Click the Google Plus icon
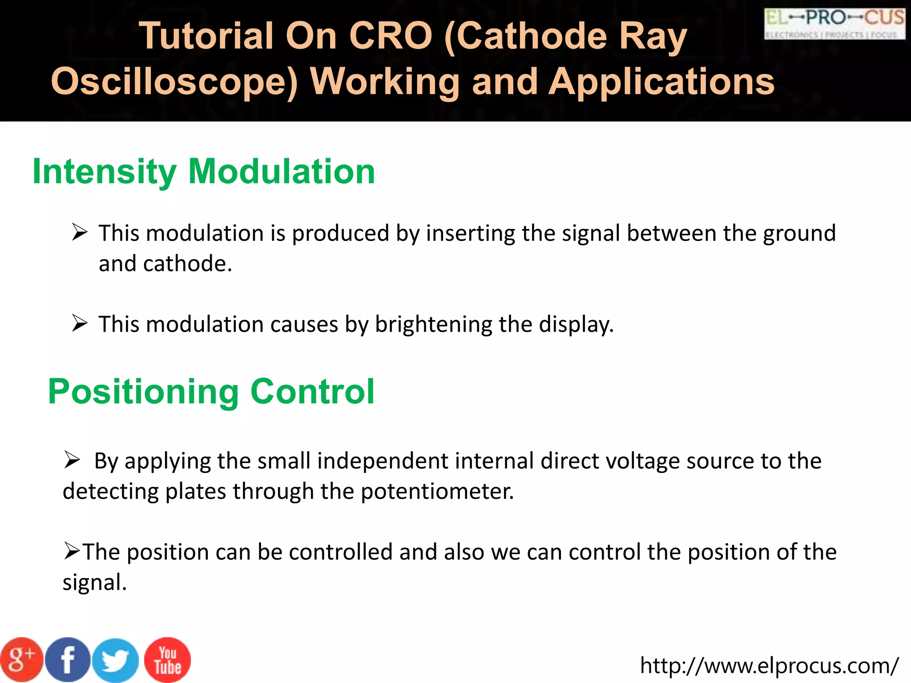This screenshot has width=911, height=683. (x=21, y=660)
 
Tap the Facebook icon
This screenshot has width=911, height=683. (x=68, y=660)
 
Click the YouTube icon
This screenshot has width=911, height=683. (x=168, y=660)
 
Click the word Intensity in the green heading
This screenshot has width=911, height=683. (x=105, y=172)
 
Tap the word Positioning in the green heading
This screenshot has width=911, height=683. (x=143, y=392)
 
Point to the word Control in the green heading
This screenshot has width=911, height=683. (x=312, y=391)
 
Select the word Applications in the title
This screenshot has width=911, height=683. (x=661, y=82)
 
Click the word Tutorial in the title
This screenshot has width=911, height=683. (x=206, y=36)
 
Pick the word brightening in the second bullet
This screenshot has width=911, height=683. (x=434, y=324)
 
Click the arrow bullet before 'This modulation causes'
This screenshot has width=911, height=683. (x=80, y=323)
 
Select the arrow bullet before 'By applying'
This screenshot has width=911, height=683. (x=72, y=460)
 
